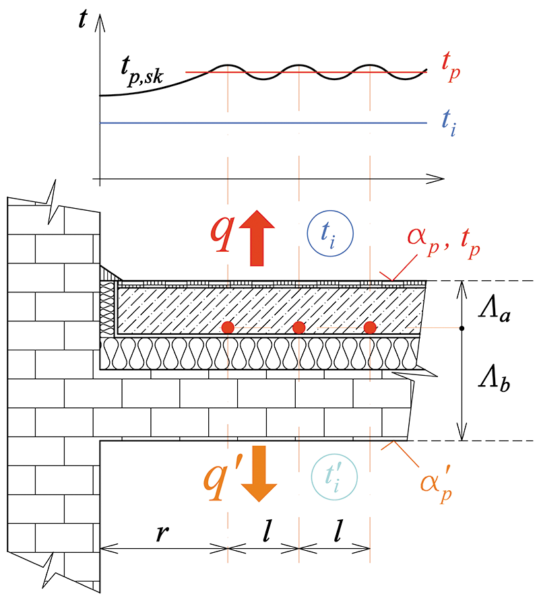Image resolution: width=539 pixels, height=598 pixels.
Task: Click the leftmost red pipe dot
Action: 228,327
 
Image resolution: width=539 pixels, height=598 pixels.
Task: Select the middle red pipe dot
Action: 299,327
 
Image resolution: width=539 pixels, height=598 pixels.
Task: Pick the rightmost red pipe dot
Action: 369,327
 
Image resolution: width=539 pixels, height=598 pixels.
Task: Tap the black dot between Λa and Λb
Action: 462,328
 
